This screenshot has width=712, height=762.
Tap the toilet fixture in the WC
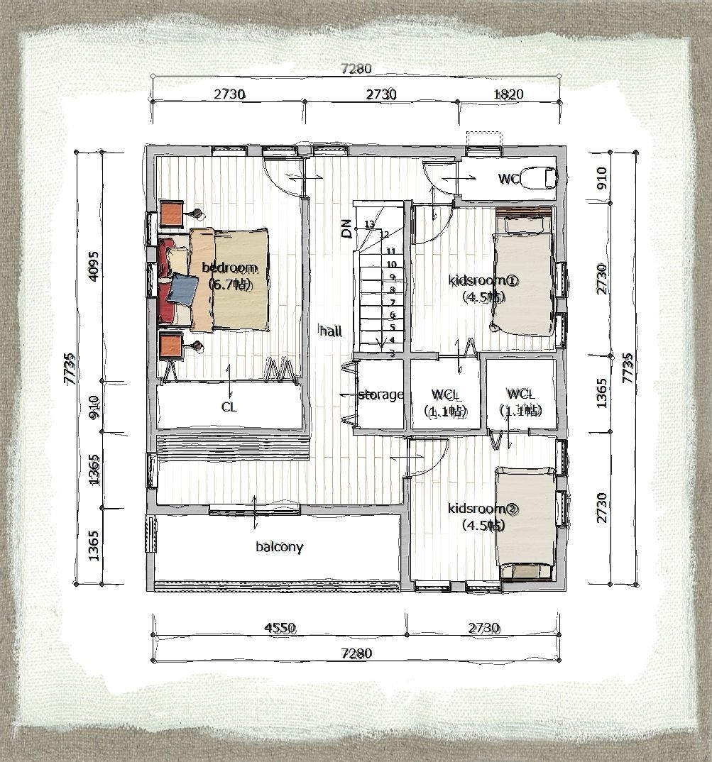tap(538, 177)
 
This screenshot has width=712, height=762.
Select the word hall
tap(331, 331)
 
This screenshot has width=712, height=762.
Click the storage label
tap(380, 394)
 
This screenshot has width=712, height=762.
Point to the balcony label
tap(279, 547)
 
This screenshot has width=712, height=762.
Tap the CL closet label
tap(229, 407)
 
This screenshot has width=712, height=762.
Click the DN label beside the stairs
tap(346, 228)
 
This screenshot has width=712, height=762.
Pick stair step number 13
tap(368, 224)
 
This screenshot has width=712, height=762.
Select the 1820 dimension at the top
tap(508, 94)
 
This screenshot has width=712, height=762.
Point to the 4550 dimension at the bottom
tap(279, 628)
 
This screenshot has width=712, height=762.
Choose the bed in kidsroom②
tap(525, 524)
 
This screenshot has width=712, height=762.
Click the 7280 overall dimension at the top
tap(356, 69)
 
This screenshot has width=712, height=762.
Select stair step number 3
tap(392, 353)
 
